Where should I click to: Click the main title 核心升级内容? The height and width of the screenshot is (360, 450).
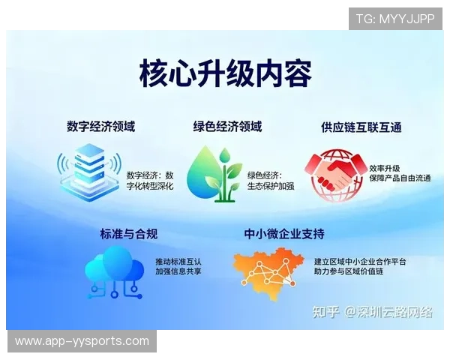[x=225, y=74]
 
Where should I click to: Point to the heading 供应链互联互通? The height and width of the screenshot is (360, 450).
[x=361, y=127]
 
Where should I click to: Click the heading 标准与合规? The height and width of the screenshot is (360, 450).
[x=128, y=234]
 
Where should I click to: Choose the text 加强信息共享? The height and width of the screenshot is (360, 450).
[x=178, y=271]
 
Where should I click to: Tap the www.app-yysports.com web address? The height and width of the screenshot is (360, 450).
[x=82, y=341]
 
